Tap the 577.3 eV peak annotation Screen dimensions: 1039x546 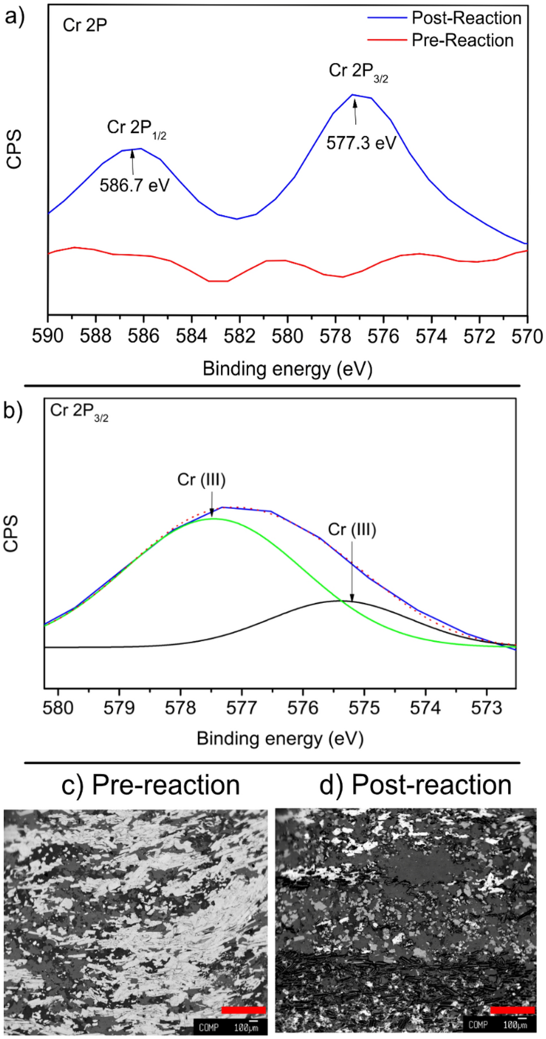[361, 143]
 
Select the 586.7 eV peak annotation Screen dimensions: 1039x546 [134, 186]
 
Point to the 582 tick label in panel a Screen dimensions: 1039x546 [239, 337]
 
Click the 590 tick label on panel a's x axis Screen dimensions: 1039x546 [48, 337]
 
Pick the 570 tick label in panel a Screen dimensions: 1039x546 [527, 337]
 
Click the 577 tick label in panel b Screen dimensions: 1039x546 [241, 707]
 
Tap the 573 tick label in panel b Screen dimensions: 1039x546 [486, 707]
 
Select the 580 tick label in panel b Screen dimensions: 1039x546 [58, 707]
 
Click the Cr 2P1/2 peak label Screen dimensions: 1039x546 [136, 129]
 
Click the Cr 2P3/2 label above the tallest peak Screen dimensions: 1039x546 [358, 72]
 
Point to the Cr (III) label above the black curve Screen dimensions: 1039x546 [352, 530]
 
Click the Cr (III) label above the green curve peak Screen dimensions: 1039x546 [201, 480]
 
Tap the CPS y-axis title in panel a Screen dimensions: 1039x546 [14, 149]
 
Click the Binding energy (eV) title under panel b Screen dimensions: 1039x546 [280, 738]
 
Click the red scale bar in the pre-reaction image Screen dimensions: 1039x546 [244, 1010]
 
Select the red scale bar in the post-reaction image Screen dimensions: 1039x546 [512, 1010]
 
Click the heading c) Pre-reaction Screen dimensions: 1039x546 [151, 785]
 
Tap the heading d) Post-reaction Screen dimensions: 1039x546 [415, 785]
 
